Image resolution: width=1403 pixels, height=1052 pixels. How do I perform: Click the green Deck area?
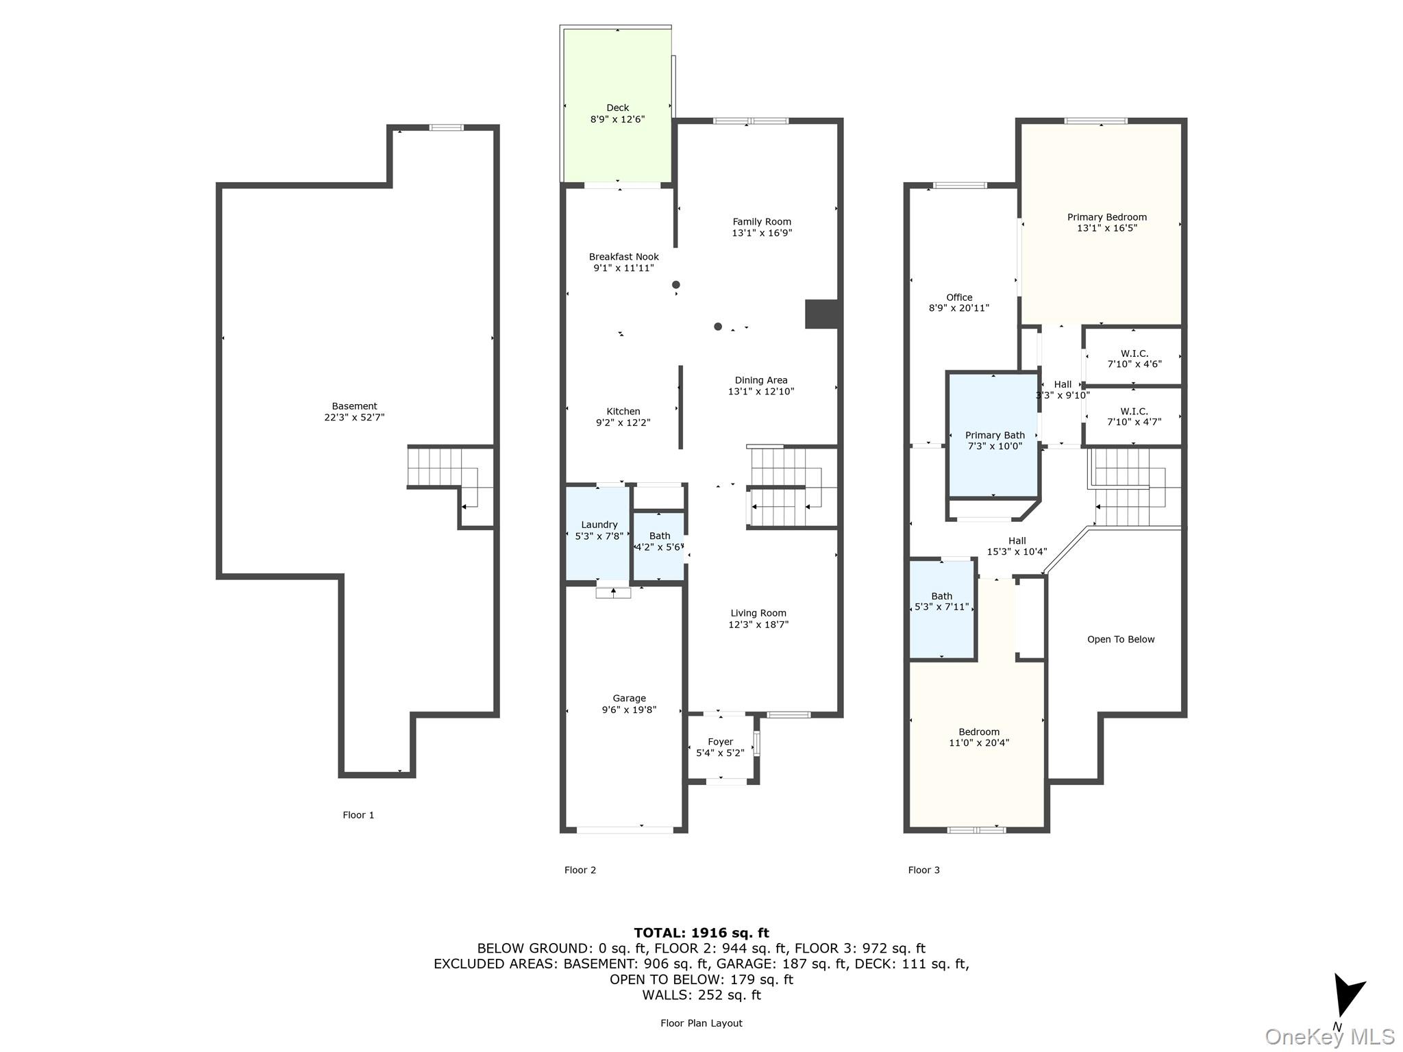617,105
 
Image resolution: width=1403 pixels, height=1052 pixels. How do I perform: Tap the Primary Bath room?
993,434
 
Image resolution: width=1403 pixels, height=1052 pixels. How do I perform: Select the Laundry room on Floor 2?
597,534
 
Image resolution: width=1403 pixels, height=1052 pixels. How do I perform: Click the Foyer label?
720,742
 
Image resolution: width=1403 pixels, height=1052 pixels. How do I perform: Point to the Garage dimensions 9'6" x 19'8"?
629,710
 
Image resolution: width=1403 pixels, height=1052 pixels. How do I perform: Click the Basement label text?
354,406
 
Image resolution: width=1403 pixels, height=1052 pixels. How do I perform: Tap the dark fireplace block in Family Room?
822,314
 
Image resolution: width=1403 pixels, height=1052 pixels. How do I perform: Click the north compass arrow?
1348,995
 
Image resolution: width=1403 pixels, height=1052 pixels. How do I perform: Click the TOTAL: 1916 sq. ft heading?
701,933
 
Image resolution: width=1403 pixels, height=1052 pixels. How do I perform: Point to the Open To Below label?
1121,640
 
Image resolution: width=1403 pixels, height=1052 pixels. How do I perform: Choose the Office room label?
959,297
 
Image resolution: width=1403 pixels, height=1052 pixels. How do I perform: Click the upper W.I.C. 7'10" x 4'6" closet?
1134,357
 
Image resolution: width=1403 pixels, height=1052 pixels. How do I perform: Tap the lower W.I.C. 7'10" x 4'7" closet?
1134,416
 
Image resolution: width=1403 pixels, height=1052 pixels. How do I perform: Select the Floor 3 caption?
923,870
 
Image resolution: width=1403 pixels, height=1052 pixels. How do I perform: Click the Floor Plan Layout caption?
701,1023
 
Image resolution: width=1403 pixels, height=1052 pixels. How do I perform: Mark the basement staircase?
450,477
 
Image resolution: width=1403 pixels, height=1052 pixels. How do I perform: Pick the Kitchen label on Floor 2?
623,412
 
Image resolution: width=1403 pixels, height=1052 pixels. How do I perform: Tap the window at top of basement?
446,127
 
